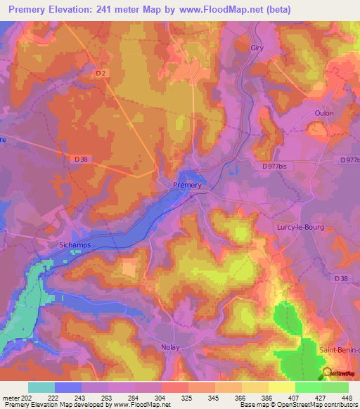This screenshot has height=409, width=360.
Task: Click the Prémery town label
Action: pyautogui.click(x=187, y=186)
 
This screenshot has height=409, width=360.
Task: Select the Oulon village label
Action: pyautogui.click(x=324, y=113)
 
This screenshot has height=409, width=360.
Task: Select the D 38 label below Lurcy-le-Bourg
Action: pyautogui.click(x=341, y=279)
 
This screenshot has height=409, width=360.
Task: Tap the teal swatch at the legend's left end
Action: pyautogui.click(x=41, y=387)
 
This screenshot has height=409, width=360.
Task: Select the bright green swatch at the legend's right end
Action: pyautogui.click(x=335, y=387)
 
